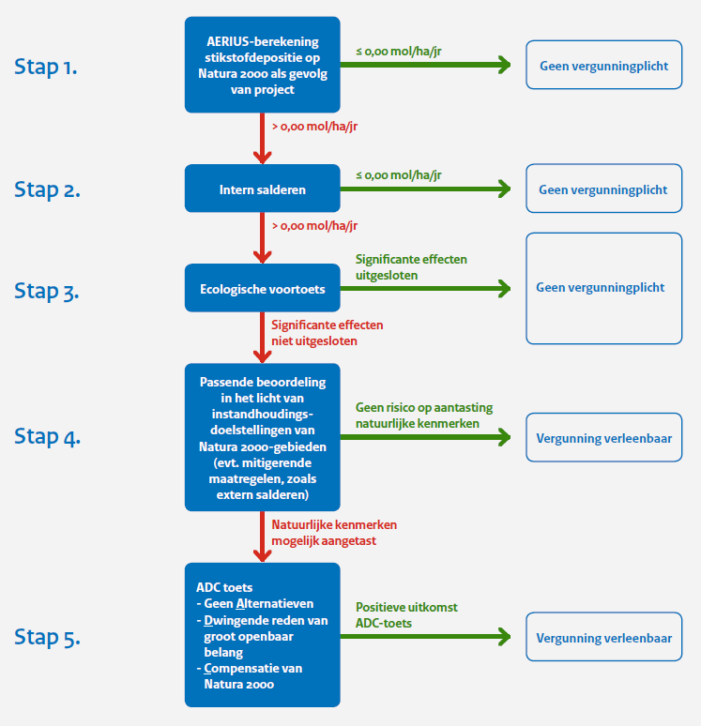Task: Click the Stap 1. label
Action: point(45,67)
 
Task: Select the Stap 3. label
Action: point(46,291)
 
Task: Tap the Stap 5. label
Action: point(47,637)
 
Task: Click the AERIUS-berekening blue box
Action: point(262,65)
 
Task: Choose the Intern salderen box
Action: point(262,189)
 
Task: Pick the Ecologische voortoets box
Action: point(262,288)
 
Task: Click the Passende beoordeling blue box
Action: point(262,437)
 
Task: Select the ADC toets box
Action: point(262,635)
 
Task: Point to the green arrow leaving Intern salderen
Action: point(425,189)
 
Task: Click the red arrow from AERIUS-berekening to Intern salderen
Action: point(262,139)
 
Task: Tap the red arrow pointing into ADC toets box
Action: point(262,537)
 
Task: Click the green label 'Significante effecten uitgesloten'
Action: point(411,267)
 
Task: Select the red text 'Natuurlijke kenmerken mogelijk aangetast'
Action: point(334,533)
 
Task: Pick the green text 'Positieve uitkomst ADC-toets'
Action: point(406,615)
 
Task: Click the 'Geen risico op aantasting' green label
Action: point(424,407)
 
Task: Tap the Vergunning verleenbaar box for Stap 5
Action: point(603,637)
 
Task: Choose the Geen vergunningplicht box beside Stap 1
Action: point(603,65)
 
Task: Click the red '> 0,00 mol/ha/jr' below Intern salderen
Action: point(314,225)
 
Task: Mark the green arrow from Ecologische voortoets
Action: point(425,289)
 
